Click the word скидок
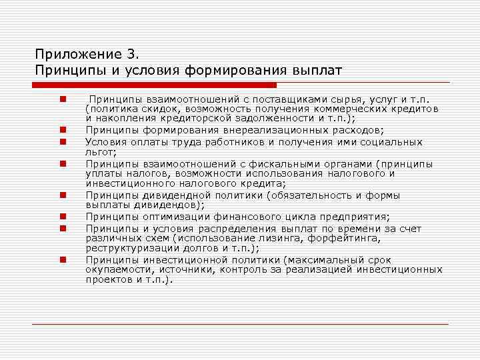pos(159,108)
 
